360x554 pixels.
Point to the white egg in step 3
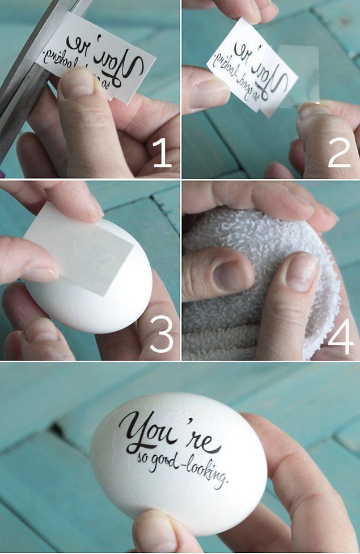95,279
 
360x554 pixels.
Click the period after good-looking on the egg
226,480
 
